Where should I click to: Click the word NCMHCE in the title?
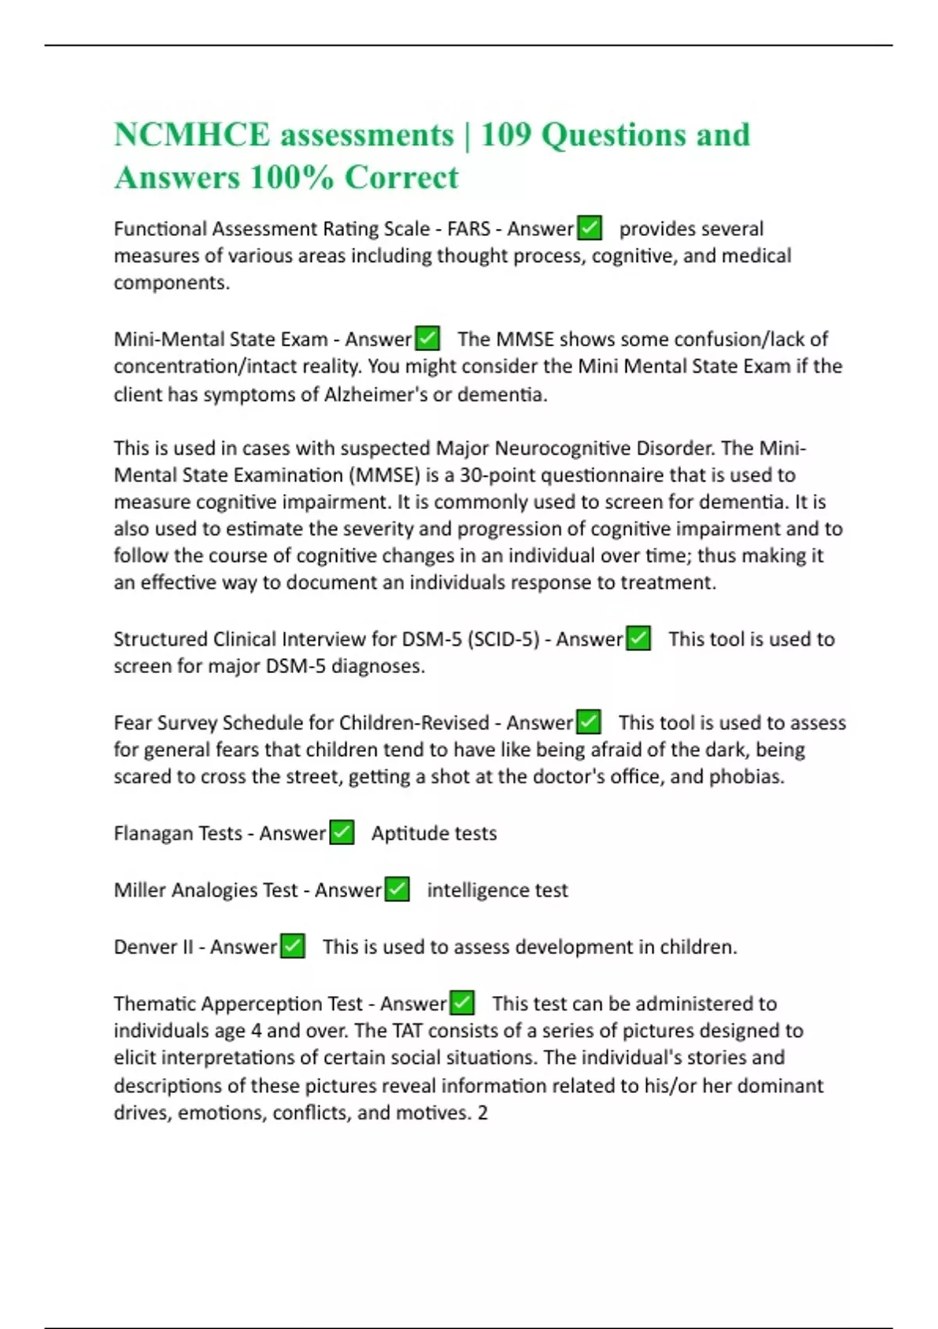(192, 135)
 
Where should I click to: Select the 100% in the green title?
(292, 177)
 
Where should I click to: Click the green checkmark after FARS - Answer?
(589, 228)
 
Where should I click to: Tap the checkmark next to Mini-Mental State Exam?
(428, 339)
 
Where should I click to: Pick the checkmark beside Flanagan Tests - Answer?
(342, 833)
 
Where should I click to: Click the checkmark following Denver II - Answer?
(292, 946)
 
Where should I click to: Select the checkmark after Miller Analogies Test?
(397, 889)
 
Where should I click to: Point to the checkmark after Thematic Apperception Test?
(462, 1002)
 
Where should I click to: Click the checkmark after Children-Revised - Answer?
(589, 722)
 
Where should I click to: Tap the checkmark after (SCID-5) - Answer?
(639, 638)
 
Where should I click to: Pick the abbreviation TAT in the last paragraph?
(407, 1030)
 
